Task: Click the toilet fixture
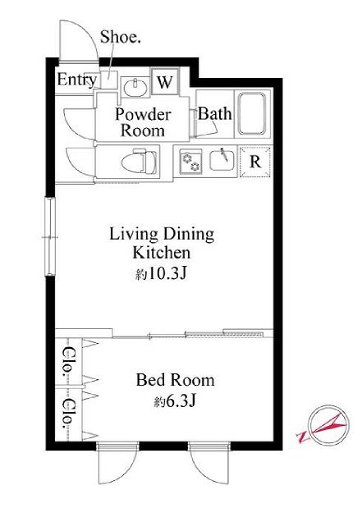140,162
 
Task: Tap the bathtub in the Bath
252,114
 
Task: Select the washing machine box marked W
165,81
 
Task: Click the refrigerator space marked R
255,162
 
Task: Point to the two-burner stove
190,162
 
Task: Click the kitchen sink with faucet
222,160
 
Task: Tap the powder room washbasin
135,87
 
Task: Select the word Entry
77,80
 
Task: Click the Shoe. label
120,37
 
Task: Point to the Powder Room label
143,122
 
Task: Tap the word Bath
215,114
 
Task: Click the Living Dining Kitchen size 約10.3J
161,274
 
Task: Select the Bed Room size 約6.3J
175,402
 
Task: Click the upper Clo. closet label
67,361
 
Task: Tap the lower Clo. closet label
67,414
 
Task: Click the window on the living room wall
50,236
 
